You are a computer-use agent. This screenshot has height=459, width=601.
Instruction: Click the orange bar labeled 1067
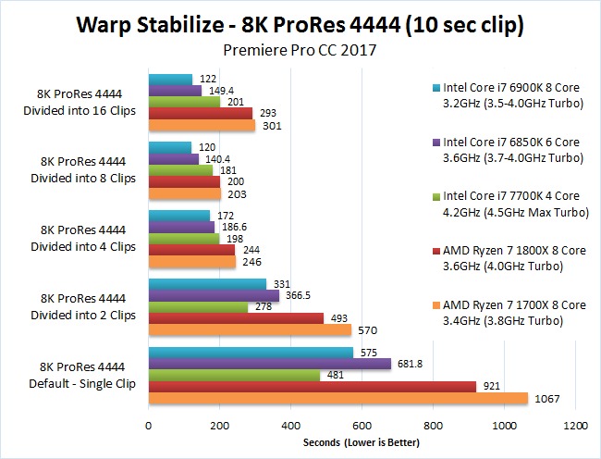[x=337, y=399]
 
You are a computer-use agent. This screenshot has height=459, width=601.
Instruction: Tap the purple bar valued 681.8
[x=269, y=365]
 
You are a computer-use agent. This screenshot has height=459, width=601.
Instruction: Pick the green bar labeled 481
[x=234, y=376]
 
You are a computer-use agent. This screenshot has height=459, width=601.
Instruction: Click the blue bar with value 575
[x=251, y=353]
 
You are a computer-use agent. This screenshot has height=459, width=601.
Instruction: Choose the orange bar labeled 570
[x=250, y=330]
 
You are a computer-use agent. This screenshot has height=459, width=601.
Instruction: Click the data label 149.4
[x=220, y=92]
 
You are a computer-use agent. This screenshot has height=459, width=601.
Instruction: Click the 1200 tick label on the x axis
[x=576, y=427]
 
